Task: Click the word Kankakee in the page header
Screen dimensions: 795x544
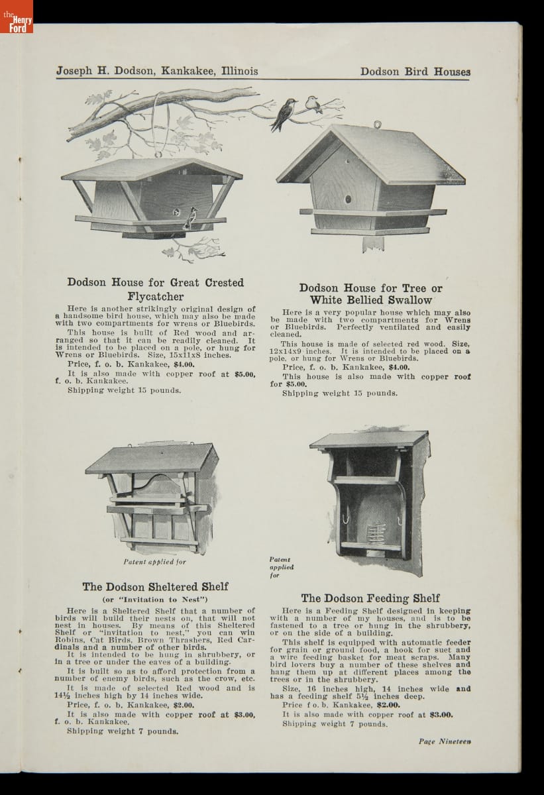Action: pyautogui.click(x=188, y=71)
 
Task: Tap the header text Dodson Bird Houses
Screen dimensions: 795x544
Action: pyautogui.click(x=415, y=72)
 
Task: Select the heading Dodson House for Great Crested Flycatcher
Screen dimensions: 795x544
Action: pyautogui.click(x=156, y=289)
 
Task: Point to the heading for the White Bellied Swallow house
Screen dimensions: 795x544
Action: pyautogui.click(x=370, y=293)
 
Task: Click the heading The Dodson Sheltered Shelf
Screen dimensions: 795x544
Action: pyautogui.click(x=155, y=586)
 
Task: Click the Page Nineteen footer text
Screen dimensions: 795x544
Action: pyautogui.click(x=444, y=741)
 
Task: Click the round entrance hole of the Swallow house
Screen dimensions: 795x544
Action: pyautogui.click(x=347, y=199)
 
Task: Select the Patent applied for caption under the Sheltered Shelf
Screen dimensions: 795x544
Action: pyautogui.click(x=155, y=562)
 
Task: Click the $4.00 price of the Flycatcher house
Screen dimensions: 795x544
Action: pyautogui.click(x=184, y=364)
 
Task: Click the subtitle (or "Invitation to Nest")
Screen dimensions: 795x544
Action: pyautogui.click(x=155, y=600)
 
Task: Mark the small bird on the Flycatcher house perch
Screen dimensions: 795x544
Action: pyautogui.click(x=193, y=215)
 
